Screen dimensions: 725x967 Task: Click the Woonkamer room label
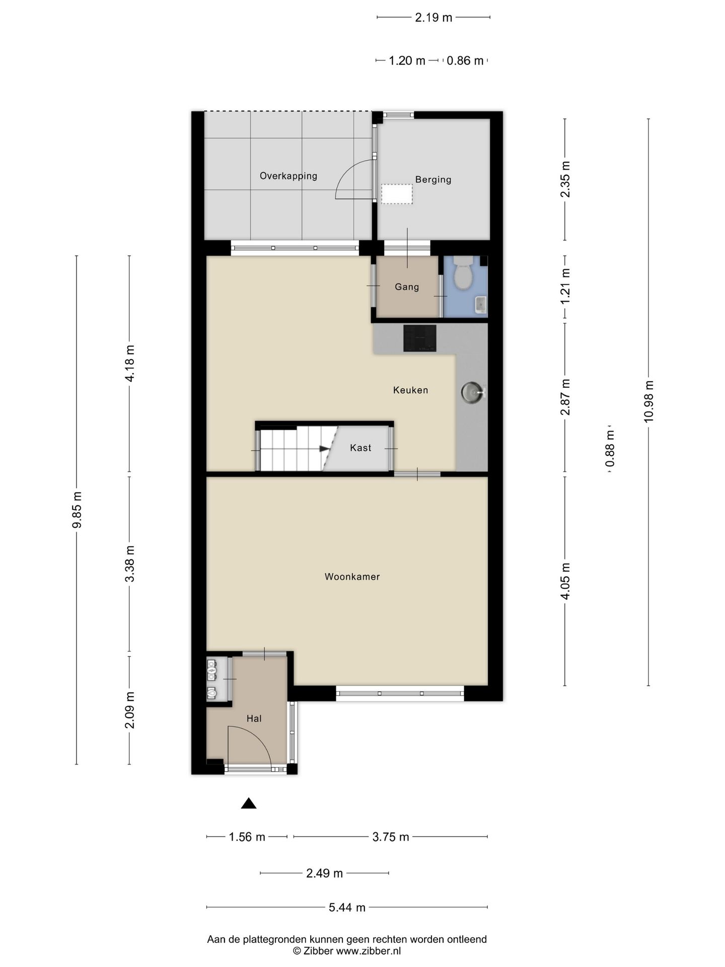click(x=352, y=577)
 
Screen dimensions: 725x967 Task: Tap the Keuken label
click(x=410, y=390)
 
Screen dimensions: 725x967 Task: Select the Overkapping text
click(x=288, y=176)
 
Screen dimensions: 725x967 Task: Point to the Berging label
click(x=433, y=179)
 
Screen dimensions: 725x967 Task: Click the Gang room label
click(x=407, y=287)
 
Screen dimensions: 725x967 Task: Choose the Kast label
click(x=360, y=448)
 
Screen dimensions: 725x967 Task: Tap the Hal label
click(x=254, y=719)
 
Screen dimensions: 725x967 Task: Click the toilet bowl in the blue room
click(x=462, y=272)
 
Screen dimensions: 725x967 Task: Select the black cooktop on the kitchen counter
click(x=419, y=338)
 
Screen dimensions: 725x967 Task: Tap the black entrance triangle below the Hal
click(x=249, y=803)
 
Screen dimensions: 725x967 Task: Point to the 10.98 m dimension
click(x=648, y=402)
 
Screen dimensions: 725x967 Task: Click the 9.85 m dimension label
click(x=77, y=510)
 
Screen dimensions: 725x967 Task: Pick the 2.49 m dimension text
click(x=325, y=873)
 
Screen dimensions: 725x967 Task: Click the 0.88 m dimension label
click(x=610, y=449)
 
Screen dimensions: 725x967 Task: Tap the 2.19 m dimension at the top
click(x=433, y=18)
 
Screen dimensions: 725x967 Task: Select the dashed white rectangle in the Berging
click(x=397, y=194)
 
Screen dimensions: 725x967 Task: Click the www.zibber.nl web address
click(x=369, y=951)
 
